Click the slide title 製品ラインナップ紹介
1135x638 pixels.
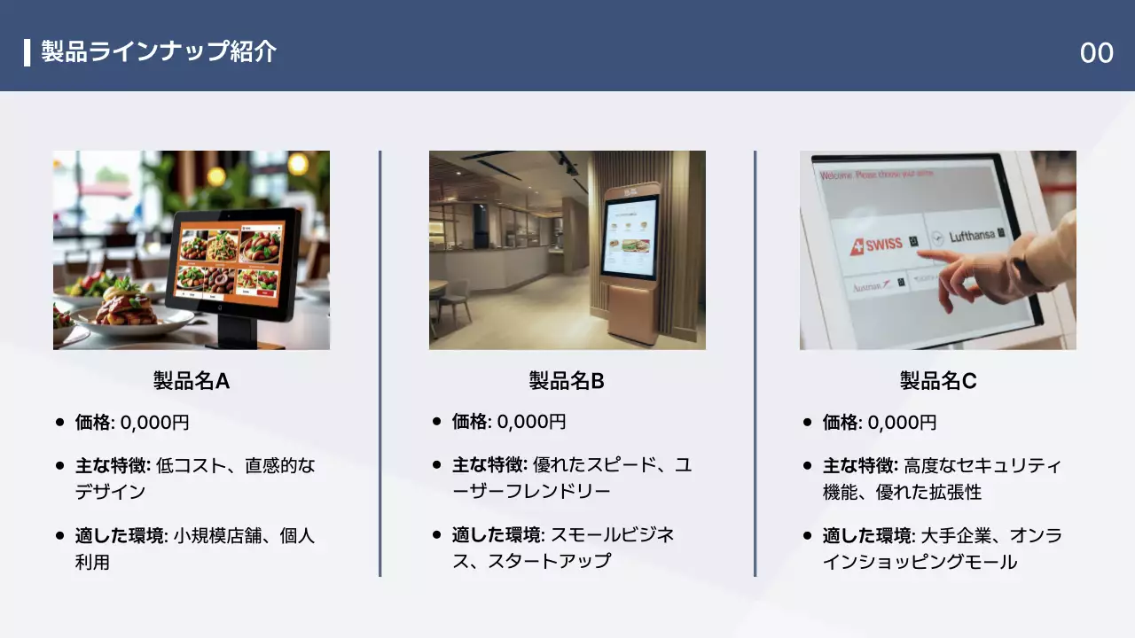pyautogui.click(x=159, y=51)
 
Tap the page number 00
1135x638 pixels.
pyautogui.click(x=1096, y=53)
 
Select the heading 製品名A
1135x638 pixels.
pyautogui.click(x=192, y=381)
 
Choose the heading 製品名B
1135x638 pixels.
pyautogui.click(x=567, y=381)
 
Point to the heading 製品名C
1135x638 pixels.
pyautogui.click(x=938, y=381)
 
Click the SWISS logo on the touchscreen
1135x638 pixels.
pyautogui.click(x=877, y=245)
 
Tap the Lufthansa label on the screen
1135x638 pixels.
pyautogui.click(x=973, y=237)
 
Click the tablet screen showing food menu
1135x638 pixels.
pyautogui.click(x=229, y=261)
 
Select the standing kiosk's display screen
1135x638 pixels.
pyautogui.click(x=630, y=237)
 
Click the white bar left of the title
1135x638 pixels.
pyautogui.click(x=27, y=52)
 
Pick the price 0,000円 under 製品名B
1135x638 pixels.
pyautogui.click(x=531, y=423)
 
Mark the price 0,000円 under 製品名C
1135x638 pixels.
pyautogui.click(x=902, y=423)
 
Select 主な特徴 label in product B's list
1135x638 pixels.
pyautogui.click(x=489, y=465)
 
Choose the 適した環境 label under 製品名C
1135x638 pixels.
pyautogui.click(x=867, y=536)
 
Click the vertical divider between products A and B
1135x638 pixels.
pyautogui.click(x=380, y=363)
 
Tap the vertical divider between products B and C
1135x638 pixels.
pyautogui.click(x=755, y=363)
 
